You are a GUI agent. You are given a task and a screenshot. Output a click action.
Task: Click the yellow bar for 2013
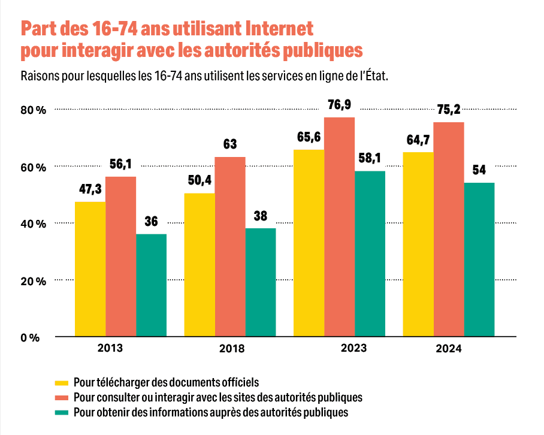coord(90,269)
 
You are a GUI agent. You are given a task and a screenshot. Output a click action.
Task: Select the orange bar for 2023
coord(339,227)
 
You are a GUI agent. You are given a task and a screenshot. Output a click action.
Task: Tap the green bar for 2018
coord(261,282)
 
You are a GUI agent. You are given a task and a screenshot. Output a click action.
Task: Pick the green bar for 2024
coord(479,259)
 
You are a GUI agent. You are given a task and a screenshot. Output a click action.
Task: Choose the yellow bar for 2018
coord(199,265)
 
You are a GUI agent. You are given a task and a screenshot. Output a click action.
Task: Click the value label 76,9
coord(339,105)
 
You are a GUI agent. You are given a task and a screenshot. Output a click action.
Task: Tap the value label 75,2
coord(449,110)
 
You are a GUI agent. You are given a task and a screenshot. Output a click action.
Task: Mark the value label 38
coord(260,216)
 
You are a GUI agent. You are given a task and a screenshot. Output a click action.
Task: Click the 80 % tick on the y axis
coord(33,110)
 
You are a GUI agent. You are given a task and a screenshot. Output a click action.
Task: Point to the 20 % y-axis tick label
coord(33,281)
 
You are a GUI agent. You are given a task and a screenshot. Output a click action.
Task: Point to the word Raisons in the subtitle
coord(40,77)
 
